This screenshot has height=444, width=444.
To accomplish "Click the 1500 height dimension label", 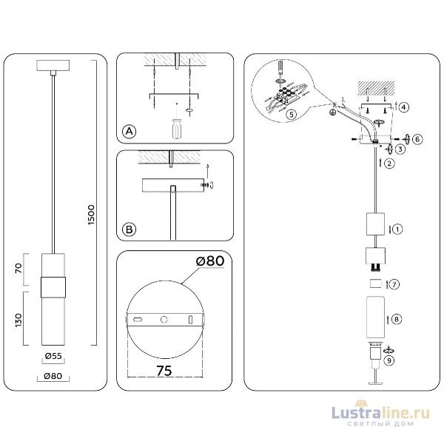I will click(92, 215).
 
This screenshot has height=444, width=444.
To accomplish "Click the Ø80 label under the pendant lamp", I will click(51, 376).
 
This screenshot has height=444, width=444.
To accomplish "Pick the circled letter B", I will click(129, 231).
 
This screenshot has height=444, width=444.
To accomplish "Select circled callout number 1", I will click(397, 229).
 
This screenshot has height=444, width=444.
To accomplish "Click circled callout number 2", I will click(388, 164).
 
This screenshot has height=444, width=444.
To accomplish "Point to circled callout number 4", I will click(403, 107).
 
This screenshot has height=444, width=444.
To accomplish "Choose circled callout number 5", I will click(292, 115).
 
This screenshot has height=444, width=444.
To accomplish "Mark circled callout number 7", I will click(395, 284).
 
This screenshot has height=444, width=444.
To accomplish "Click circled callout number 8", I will click(397, 319).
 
